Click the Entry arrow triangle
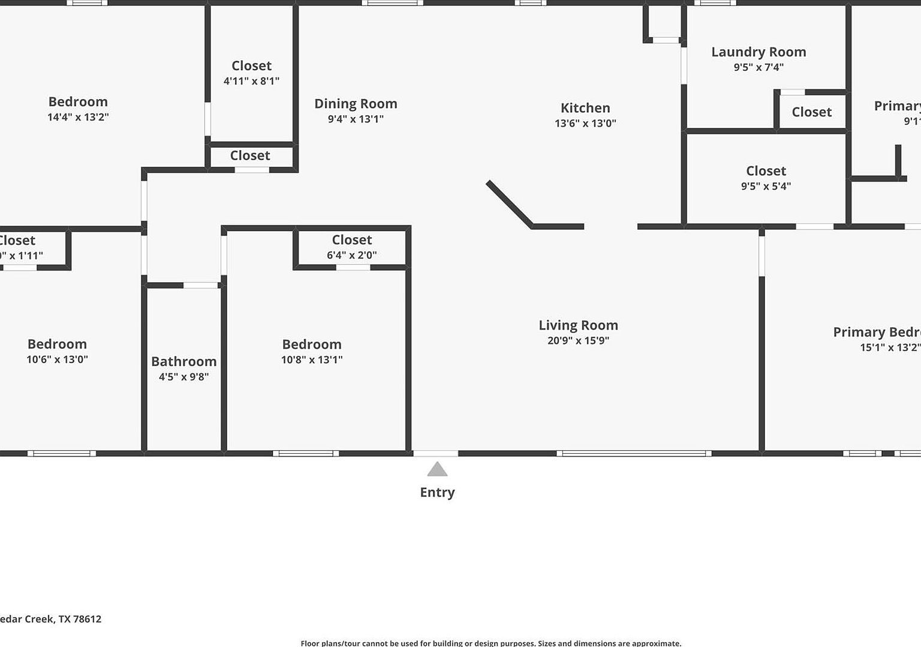[437, 469]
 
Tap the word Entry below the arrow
[437, 492]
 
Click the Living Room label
[578, 325]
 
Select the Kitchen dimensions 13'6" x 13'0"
[585, 124]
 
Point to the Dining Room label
[356, 104]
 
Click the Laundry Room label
[759, 52]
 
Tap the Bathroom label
[183, 361]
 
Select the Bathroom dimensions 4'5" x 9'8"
[183, 377]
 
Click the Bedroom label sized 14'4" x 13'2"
[78, 102]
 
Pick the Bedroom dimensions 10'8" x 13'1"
[312, 360]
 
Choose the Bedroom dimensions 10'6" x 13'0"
[57, 360]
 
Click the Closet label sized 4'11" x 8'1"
[251, 66]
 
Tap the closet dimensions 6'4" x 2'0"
[351, 255]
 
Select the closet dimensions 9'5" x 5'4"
[766, 187]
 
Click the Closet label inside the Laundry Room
[811, 112]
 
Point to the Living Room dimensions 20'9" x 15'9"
[578, 340]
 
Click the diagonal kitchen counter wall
[508, 203]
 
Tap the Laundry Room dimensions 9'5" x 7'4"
[759, 67]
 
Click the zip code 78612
[87, 619]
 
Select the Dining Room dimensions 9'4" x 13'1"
[356, 119]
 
